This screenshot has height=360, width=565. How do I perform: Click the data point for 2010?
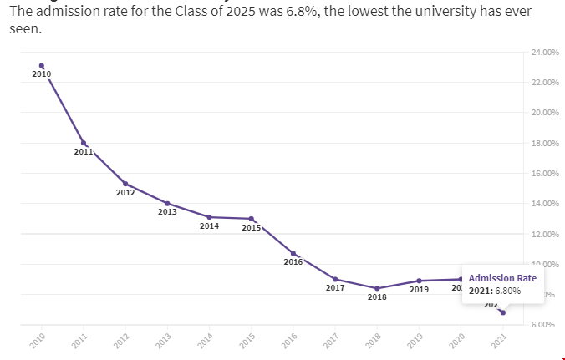coord(42,66)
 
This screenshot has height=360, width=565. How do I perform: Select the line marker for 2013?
coord(167,203)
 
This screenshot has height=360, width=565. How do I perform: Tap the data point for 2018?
coord(377,288)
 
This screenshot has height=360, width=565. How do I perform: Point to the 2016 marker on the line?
coord(293,253)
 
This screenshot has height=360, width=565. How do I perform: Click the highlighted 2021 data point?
coord(502,312)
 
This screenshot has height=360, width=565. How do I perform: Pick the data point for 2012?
coord(125,184)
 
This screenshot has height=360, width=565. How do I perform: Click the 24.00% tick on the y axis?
coord(545,53)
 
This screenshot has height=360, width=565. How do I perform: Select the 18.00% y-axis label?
coord(545,143)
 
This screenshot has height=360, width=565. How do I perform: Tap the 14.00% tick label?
coord(545,204)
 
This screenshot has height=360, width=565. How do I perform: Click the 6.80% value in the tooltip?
coord(507,291)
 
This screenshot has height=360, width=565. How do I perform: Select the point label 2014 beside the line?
coord(210,226)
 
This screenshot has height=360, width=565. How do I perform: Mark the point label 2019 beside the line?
coord(420,290)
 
